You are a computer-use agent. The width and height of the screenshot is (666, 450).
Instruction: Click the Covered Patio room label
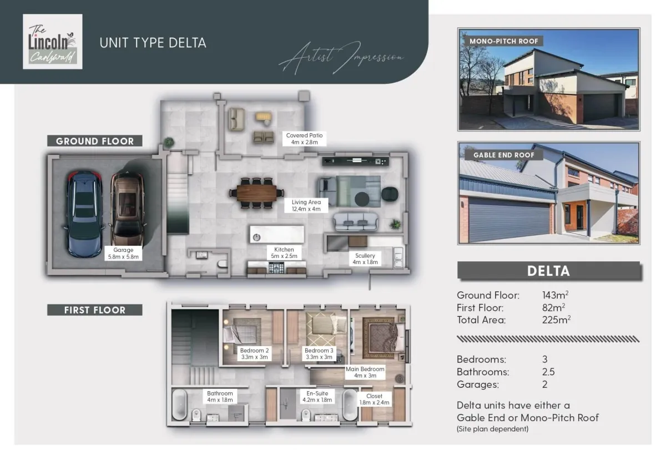click(304, 139)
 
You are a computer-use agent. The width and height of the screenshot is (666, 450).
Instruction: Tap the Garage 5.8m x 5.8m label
click(123, 253)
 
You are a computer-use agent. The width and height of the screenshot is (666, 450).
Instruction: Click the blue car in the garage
click(84, 214)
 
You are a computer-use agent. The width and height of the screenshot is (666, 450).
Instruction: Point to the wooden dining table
click(256, 193)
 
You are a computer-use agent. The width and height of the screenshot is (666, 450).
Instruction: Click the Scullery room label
click(365, 259)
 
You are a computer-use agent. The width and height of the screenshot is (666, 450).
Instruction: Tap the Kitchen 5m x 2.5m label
click(284, 252)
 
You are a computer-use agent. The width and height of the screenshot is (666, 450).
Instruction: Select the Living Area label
click(306, 205)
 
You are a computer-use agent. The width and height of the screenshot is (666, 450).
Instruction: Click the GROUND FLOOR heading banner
click(94, 141)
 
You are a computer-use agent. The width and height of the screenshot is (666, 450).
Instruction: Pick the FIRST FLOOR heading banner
click(94, 310)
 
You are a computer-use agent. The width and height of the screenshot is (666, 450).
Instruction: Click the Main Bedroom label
click(365, 372)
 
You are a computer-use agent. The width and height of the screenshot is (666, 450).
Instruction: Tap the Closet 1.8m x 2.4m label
click(374, 399)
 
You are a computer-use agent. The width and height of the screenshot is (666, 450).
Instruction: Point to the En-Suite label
click(317, 397)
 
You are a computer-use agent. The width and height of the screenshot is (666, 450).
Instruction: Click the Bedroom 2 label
click(254, 353)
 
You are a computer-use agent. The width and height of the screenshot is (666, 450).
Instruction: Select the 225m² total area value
click(556, 320)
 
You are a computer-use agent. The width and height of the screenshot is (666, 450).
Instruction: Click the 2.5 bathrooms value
click(548, 372)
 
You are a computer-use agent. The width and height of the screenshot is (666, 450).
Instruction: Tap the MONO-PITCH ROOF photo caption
click(504, 41)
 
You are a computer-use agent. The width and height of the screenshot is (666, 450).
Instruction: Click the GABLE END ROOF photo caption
click(504, 155)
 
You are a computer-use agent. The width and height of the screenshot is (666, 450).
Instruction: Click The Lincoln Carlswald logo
click(53, 42)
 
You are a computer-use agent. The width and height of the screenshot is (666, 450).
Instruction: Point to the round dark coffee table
click(362, 199)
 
